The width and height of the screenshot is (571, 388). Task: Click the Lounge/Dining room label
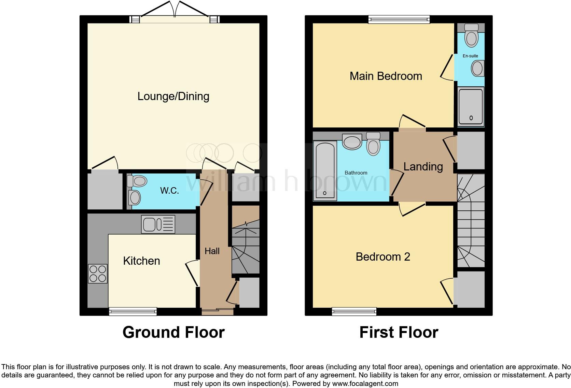173,96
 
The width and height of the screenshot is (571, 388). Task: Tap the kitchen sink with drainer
158,224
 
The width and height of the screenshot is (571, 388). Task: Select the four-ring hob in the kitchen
98,274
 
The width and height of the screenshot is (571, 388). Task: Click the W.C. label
169,191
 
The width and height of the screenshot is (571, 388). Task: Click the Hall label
212,251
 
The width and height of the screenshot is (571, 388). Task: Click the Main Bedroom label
386,76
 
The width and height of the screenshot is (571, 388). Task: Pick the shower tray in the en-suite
471,106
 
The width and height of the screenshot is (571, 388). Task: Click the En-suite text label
470,56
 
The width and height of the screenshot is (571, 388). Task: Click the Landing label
423,167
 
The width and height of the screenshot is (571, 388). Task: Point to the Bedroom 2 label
383,257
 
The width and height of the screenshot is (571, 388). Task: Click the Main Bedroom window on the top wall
399,19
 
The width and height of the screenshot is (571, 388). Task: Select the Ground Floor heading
173,332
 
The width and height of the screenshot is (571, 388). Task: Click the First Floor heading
399,332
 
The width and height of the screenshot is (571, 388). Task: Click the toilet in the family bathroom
373,144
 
